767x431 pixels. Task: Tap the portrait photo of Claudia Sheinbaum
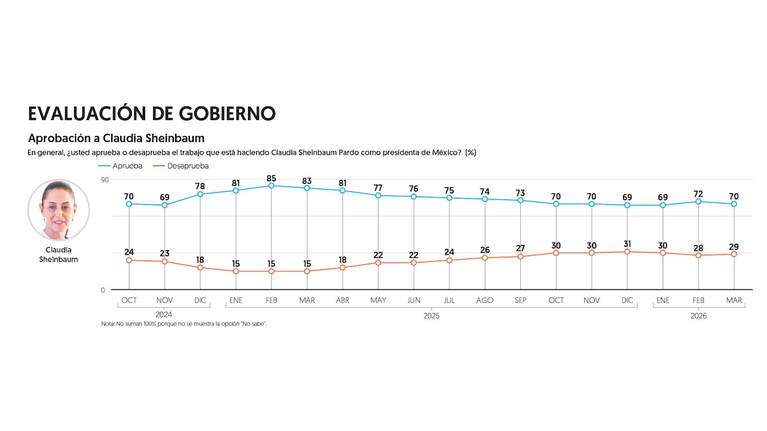(59, 210)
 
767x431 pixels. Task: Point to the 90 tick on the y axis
(105, 179)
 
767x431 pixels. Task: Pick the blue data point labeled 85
(272, 186)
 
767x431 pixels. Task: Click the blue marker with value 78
(200, 194)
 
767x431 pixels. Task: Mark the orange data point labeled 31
(628, 252)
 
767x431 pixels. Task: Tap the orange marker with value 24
(129, 260)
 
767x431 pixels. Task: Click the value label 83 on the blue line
(307, 177)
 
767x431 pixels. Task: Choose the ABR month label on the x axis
(343, 300)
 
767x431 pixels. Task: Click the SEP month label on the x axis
(520, 300)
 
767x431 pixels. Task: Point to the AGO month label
(484, 300)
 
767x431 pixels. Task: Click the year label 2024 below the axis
(164, 315)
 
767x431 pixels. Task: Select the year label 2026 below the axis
(699, 315)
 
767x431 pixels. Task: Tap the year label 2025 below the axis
(431, 315)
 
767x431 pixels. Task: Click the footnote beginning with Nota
(183, 324)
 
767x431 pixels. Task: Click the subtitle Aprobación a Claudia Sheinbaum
(116, 138)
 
